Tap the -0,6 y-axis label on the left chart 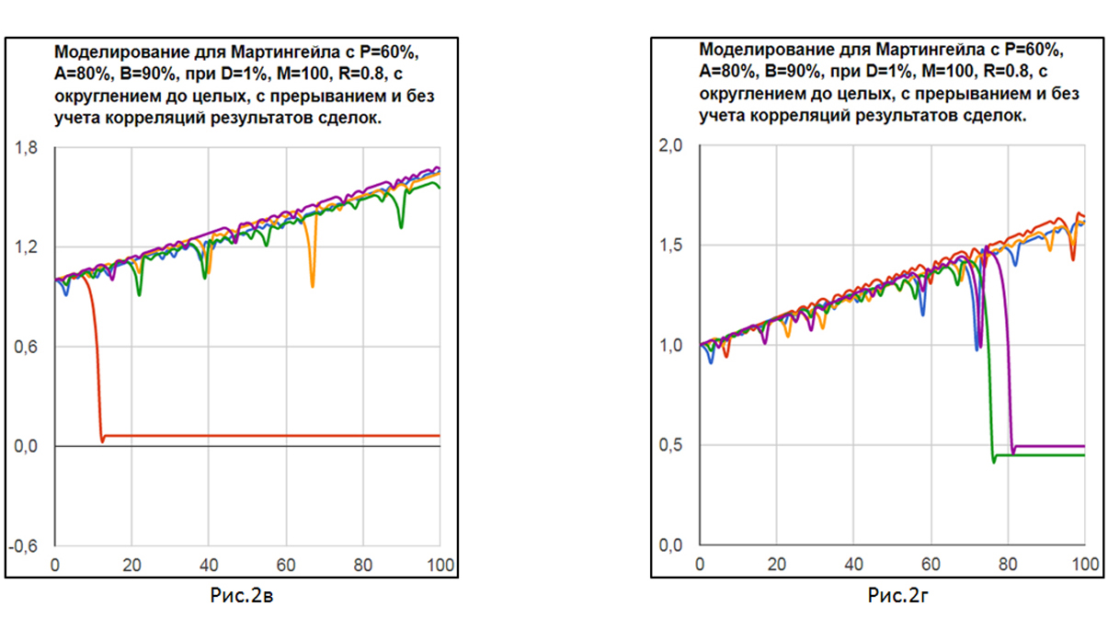[25, 545]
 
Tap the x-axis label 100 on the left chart [440, 564]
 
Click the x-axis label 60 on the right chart [931, 564]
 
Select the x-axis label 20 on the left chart [132, 564]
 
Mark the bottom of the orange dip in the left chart [313, 286]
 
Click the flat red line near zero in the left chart [276, 435]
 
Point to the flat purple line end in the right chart [1081, 447]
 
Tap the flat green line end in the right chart [1081, 455]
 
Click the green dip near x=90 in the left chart [401, 226]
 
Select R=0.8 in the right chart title [1003, 71]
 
